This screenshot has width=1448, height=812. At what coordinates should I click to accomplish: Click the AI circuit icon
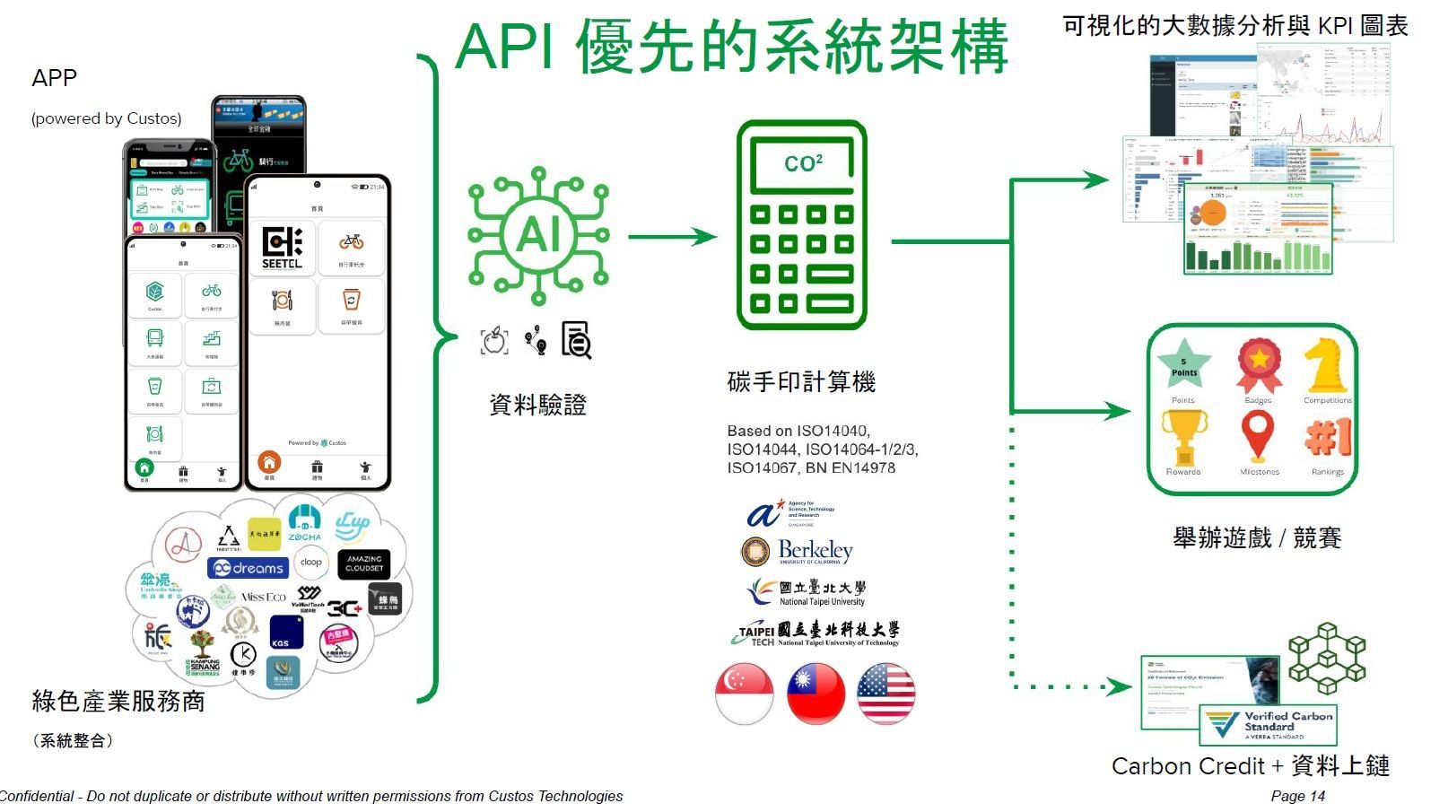point(538,235)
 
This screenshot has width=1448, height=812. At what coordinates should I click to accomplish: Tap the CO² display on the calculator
point(802,163)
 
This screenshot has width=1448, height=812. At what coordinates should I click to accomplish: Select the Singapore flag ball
point(745,694)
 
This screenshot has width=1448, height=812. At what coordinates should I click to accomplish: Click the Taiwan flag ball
point(816,694)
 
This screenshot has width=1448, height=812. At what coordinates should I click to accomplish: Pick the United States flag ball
point(886,694)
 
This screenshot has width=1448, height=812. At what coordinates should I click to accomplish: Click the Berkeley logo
point(798,551)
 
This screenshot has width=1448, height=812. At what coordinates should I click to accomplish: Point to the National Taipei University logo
point(807,592)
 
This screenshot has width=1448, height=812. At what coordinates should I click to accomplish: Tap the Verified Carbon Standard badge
point(1269,724)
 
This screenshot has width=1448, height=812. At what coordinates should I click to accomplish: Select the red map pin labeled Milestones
point(1258,435)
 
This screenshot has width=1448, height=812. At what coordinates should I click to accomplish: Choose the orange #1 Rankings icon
point(1328,437)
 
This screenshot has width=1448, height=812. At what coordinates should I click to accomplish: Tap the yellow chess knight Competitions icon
point(1324,363)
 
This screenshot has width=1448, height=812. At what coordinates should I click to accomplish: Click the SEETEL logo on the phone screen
point(282,248)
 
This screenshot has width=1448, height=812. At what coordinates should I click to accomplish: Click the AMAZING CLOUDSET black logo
point(364,563)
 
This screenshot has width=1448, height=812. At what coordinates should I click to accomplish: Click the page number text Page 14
point(1297,796)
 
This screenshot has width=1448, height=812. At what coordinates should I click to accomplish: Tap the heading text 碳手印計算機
point(801,382)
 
